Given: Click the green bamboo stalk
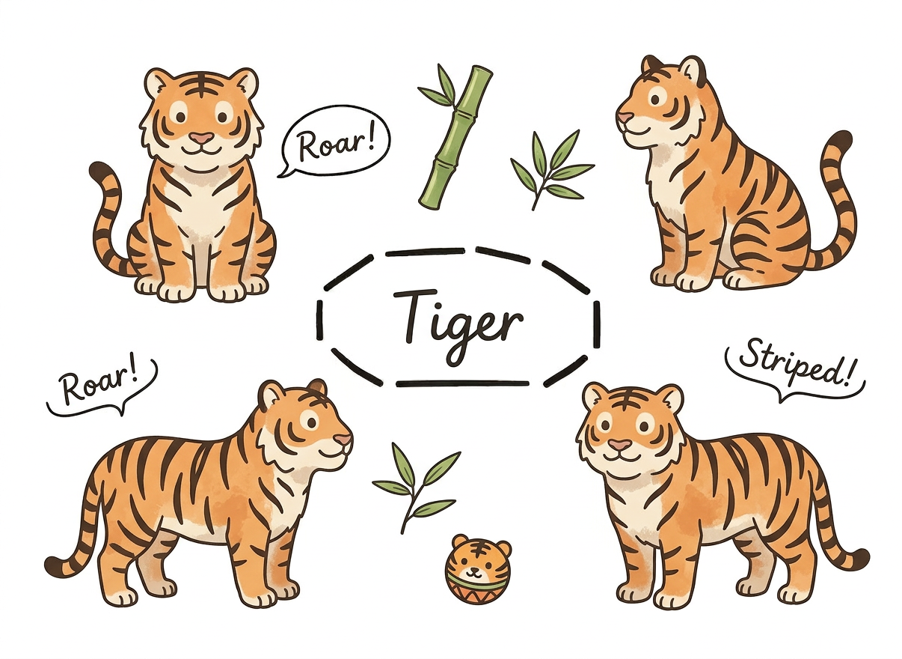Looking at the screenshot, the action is (455, 137).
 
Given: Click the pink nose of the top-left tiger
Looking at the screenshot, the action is (202, 139).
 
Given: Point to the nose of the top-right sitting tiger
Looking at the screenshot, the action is (625, 117).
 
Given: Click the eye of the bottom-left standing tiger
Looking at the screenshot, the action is (311, 422).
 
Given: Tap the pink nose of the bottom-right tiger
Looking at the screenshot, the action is (620, 445).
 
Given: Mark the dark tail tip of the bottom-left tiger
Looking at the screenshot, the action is (57, 565).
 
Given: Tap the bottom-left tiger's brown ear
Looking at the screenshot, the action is (318, 386).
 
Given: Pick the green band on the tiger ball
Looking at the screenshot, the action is (478, 586).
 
